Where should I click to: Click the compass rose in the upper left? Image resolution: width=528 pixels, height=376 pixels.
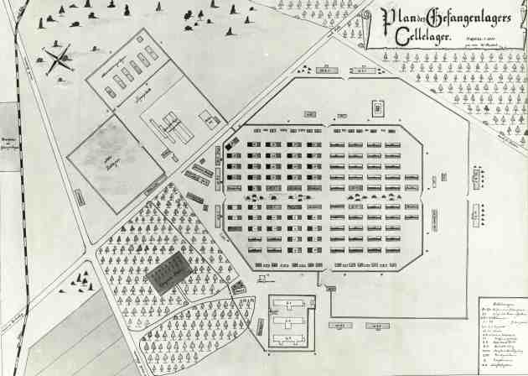pos(60,59)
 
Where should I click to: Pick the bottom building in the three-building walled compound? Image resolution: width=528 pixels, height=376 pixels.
pos(291,340)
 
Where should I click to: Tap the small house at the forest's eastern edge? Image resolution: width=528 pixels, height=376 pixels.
pos(239,289)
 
